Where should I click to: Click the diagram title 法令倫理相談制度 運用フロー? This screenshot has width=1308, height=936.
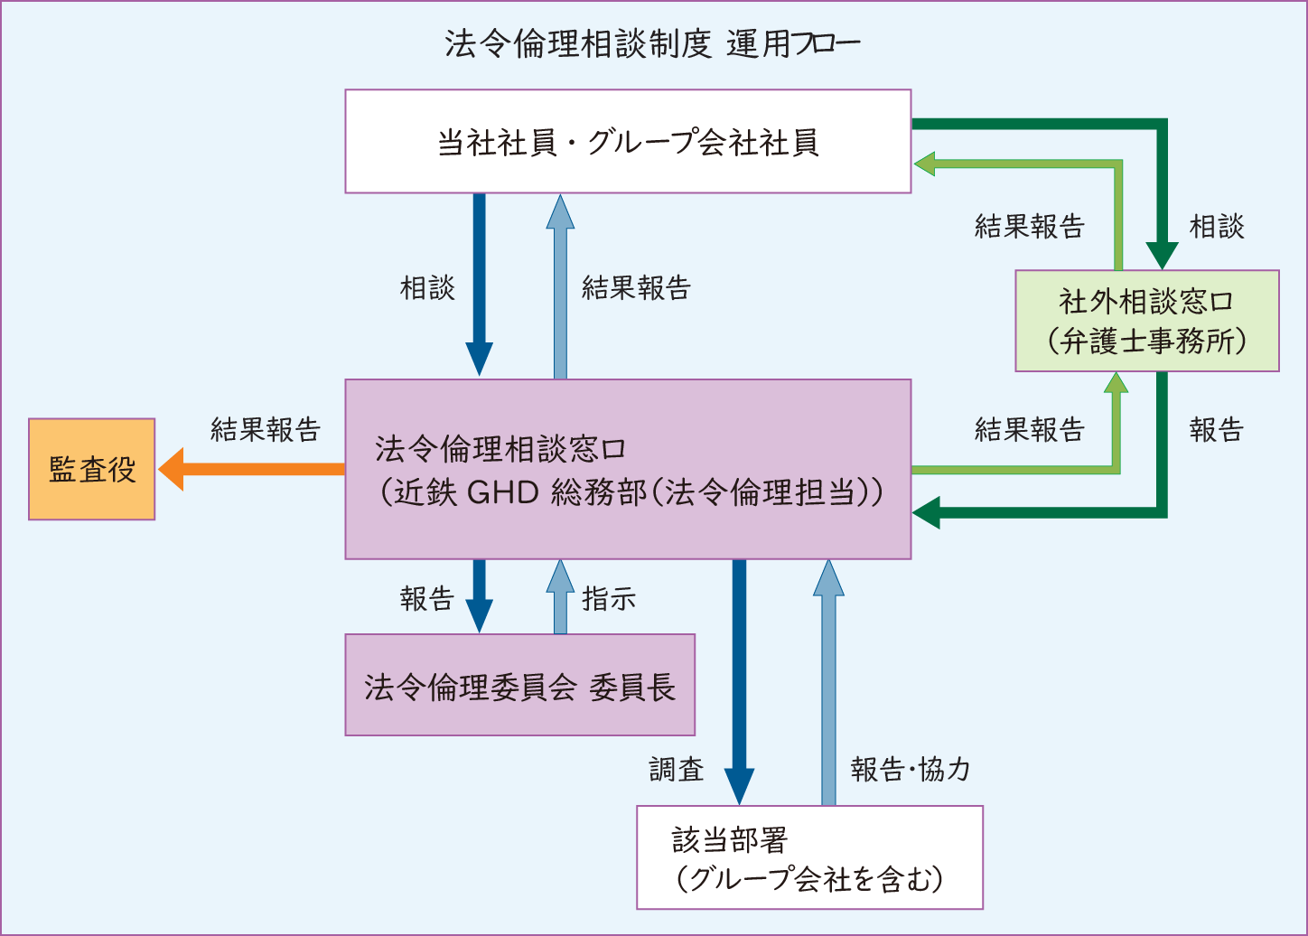coord(652,44)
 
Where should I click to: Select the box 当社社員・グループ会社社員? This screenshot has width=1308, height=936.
coord(628,142)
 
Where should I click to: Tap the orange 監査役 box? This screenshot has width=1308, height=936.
coord(92,469)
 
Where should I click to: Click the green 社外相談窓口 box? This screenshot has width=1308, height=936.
coord(1146,321)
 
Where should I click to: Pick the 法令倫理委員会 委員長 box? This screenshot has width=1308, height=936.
coord(519,685)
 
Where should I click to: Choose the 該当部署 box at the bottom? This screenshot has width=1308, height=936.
coord(809,857)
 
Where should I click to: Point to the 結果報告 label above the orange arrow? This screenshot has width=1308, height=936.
coord(266,429)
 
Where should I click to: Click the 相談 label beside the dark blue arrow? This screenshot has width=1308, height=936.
coord(427,288)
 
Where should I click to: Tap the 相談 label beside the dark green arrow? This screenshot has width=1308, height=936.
coord(1217,227)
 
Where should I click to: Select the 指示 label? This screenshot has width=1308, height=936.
coord(609,599)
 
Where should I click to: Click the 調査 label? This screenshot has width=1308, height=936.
coord(676,770)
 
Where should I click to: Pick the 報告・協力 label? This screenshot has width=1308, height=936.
coord(911,770)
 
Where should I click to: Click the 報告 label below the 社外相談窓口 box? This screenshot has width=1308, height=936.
coord(1217,430)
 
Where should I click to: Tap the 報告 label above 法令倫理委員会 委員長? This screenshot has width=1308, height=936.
coord(427,599)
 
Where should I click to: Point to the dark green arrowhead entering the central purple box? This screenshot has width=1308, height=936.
coord(926,513)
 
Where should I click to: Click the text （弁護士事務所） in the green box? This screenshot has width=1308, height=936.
coord(1146,342)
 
